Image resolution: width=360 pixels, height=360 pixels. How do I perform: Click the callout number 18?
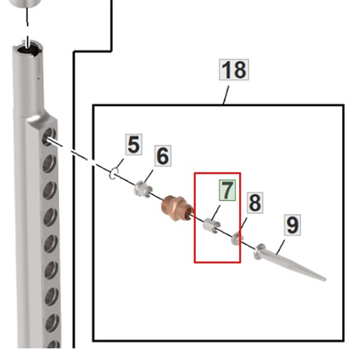pyautogui.click(x=234, y=70)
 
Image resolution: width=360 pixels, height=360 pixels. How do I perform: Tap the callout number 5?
pyautogui.click(x=134, y=145)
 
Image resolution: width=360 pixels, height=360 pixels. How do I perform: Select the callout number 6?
pyautogui.click(x=163, y=156)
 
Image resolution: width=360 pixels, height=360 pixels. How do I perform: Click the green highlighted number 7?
pyautogui.click(x=227, y=190)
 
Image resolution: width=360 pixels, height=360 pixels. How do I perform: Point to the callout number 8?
pyautogui.click(x=255, y=202)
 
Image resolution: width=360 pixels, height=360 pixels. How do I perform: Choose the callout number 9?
pyautogui.click(x=292, y=225)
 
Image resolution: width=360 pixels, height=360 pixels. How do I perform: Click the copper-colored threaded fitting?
pyautogui.click(x=178, y=208)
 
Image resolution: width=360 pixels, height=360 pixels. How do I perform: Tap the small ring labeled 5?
pyautogui.click(x=114, y=174)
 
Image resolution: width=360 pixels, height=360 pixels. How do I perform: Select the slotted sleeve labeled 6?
pyautogui.click(x=143, y=189)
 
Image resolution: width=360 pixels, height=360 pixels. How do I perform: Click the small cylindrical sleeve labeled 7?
pyautogui.click(x=211, y=226)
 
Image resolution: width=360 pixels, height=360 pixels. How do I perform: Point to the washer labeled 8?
pyautogui.click(x=237, y=238)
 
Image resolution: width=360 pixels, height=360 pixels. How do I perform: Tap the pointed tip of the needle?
pyautogui.click(x=325, y=279)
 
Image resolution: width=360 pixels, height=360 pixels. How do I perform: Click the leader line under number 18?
pyautogui.click(x=226, y=95)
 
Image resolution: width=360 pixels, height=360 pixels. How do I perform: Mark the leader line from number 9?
pyautogui.click(x=281, y=247)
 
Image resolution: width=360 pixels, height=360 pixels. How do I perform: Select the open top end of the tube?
pyautogui.click(x=27, y=49)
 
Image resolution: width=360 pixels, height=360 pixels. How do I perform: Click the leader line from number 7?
pyautogui.click(x=216, y=212)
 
